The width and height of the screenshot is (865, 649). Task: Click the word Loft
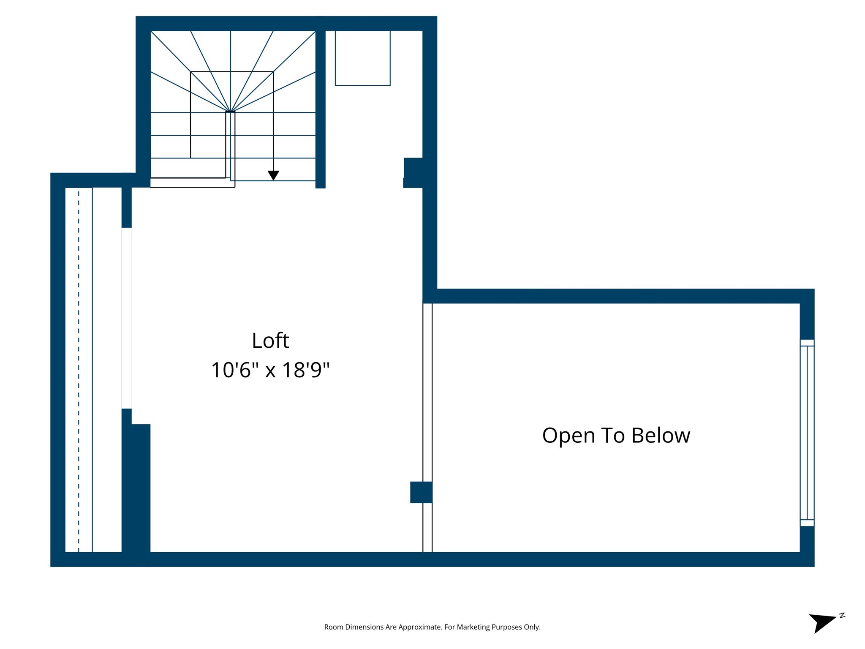coord(270,341)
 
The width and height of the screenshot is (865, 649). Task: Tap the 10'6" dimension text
coord(234,370)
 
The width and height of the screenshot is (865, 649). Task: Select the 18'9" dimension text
coord(305,370)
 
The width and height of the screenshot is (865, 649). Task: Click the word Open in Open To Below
coord(568,435)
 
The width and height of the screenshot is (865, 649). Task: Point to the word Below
coord(661,435)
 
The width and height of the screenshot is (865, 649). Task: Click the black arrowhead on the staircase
coord(273,175)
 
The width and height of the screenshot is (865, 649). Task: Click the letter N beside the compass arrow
coord(842,615)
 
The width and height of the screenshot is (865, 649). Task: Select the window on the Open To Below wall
coord(807,433)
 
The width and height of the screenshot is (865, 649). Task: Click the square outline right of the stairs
coord(362,58)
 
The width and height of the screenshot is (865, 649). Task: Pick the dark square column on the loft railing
coord(421,492)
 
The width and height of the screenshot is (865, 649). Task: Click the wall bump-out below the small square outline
coord(413,172)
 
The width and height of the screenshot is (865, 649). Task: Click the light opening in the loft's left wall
coord(127,318)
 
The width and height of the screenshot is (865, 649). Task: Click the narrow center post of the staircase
coord(230,144)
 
